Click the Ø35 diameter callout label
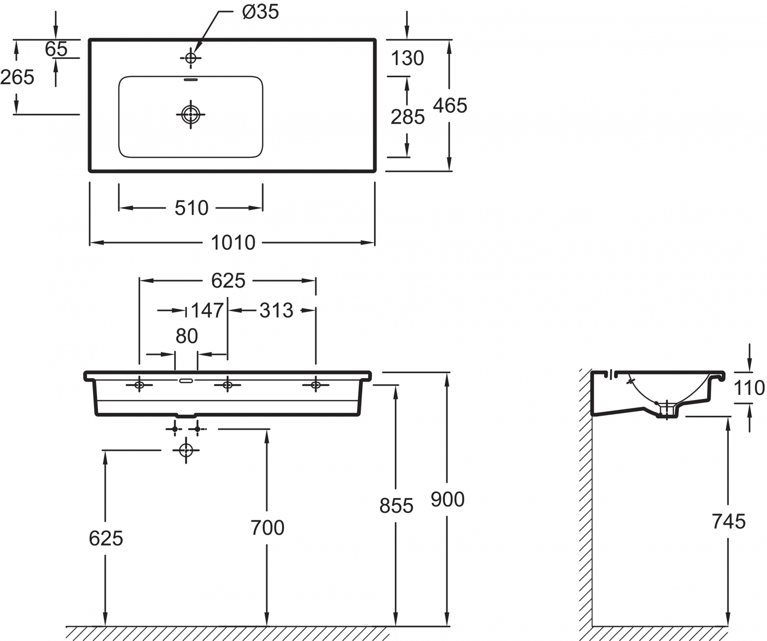click(x=260, y=12)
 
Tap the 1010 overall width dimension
click(x=233, y=243)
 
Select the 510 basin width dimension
click(x=192, y=208)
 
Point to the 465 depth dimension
click(x=450, y=105)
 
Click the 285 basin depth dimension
click(x=407, y=117)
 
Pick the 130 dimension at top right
click(x=407, y=58)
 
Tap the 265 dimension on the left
click(x=17, y=77)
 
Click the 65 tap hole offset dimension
click(x=56, y=49)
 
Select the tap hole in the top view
click(x=191, y=58)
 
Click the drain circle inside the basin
click(x=191, y=114)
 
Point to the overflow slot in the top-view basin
click(x=191, y=79)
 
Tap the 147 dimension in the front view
click(x=207, y=310)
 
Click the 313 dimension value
click(x=276, y=310)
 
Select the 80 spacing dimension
click(x=187, y=336)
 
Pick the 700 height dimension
click(x=267, y=528)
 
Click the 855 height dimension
click(x=396, y=506)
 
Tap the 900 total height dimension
click(x=447, y=499)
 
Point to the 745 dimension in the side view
click(x=729, y=521)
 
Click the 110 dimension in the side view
click(x=749, y=388)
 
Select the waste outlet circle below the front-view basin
click(x=186, y=450)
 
